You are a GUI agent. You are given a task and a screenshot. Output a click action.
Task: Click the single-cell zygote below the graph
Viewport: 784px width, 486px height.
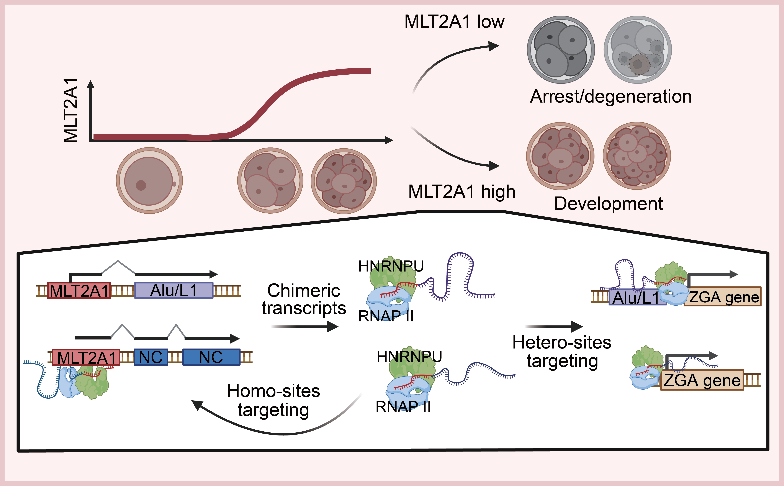coord(149,181)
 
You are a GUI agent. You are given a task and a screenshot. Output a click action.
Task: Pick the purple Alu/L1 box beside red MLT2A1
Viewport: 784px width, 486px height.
coord(174,291)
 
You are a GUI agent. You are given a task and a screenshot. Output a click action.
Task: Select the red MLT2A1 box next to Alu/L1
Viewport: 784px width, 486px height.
coord(79,291)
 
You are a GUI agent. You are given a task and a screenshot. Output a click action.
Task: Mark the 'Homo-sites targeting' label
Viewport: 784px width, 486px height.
coord(273,400)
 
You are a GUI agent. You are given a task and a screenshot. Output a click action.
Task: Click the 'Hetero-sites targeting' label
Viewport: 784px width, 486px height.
coord(562,351)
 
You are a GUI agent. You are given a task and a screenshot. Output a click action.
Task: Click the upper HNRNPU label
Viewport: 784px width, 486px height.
coord(391,266)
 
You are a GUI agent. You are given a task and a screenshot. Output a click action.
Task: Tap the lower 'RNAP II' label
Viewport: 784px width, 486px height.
coord(403,407)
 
